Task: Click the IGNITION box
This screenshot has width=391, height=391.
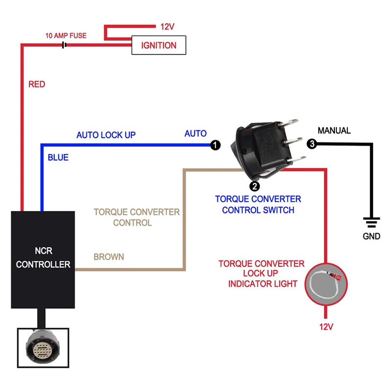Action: tap(159, 46)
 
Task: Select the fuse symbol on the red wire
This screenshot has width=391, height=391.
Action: tap(64, 45)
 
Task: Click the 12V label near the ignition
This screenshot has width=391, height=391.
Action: tap(167, 27)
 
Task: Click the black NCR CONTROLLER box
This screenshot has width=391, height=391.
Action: tap(43, 259)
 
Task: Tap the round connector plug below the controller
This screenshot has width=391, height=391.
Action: tap(43, 348)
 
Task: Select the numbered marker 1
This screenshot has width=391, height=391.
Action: tap(215, 145)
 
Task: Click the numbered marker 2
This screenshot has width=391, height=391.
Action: tap(254, 186)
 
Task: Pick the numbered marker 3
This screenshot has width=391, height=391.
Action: tap(312, 144)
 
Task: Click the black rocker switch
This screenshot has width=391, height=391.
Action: tap(266, 147)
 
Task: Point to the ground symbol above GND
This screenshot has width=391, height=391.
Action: tap(372, 222)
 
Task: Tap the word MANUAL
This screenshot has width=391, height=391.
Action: tap(334, 130)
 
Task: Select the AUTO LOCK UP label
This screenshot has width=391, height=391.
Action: tap(106, 135)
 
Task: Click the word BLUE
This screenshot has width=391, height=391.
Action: tap(58, 157)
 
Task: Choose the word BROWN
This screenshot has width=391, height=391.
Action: tap(109, 257)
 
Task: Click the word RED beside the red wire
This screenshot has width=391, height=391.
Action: tap(37, 84)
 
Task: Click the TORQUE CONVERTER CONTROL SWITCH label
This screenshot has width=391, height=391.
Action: tap(258, 205)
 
